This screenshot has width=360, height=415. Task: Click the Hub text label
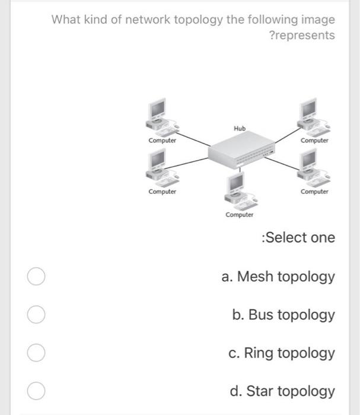(240, 128)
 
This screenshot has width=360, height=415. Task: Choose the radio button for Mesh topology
(36, 277)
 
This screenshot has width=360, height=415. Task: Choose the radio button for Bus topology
(36, 315)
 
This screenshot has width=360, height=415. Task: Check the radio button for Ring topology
(36, 353)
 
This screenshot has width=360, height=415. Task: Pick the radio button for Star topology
(36, 391)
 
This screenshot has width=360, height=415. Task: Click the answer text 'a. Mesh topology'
(278, 277)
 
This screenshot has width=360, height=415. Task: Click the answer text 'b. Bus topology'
(283, 315)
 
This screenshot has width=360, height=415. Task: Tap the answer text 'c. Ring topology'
(282, 353)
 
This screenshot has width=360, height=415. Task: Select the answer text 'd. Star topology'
(282, 391)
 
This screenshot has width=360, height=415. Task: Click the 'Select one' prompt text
(298, 238)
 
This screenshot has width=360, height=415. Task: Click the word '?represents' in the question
(302, 36)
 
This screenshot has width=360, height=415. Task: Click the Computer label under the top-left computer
(162, 141)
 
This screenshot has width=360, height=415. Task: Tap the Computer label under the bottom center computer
(240, 215)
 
